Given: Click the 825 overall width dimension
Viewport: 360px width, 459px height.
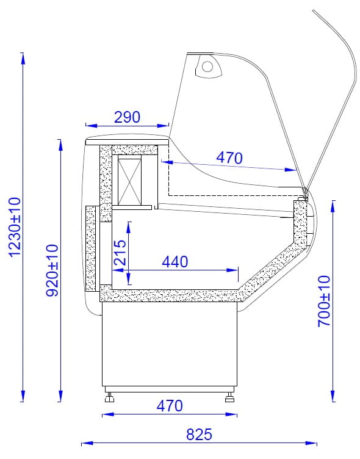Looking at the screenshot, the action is pyautogui.click(x=199, y=435).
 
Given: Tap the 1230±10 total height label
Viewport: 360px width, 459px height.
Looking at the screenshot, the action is pyautogui.click(x=15, y=227).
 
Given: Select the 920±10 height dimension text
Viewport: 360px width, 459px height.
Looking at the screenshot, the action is pyautogui.click(x=52, y=271).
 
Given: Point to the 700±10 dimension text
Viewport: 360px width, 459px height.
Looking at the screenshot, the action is pyautogui.click(x=324, y=301).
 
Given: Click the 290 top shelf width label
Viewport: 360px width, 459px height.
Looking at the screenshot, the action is pyautogui.click(x=127, y=117).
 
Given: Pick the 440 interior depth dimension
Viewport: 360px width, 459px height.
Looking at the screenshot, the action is pyautogui.click(x=175, y=262).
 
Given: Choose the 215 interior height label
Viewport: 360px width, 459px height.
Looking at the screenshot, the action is pyautogui.click(x=120, y=253).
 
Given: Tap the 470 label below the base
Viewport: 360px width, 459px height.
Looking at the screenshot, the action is pyautogui.click(x=170, y=406).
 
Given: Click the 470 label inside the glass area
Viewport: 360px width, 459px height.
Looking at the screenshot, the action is pyautogui.click(x=229, y=157).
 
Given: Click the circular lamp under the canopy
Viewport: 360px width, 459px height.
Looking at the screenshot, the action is pyautogui.click(x=207, y=67).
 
